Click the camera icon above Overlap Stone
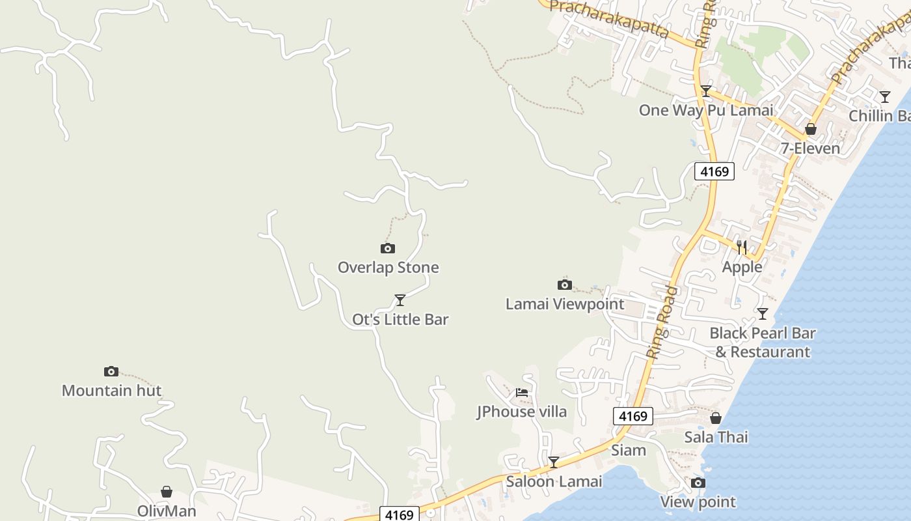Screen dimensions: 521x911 pos(387,248)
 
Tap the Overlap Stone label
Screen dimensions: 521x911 pos(388,268)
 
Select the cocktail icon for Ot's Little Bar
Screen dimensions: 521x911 pos(400,300)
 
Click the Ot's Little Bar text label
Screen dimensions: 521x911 pos(400,320)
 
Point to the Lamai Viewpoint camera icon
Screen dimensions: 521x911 pos(565,285)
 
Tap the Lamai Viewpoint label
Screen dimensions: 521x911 pos(565,304)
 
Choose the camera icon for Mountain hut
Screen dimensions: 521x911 pos(111,372)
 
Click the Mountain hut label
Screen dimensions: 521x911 pos(111,391)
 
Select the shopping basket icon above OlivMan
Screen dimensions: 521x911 pos(167,492)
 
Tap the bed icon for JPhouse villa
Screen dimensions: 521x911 pos(522,392)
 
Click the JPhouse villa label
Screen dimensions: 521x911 pos(522,412)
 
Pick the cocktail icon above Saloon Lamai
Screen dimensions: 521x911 pos(554,462)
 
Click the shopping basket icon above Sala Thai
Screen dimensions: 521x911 pos(716,418)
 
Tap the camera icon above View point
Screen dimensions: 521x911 pos(698,483)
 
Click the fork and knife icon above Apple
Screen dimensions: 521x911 pos(742,247)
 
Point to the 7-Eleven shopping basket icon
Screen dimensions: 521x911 pos(811,129)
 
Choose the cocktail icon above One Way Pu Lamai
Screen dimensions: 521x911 pos(706,91)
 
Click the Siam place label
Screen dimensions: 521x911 pos(629,450)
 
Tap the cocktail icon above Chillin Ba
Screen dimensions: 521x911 pos(885,97)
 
